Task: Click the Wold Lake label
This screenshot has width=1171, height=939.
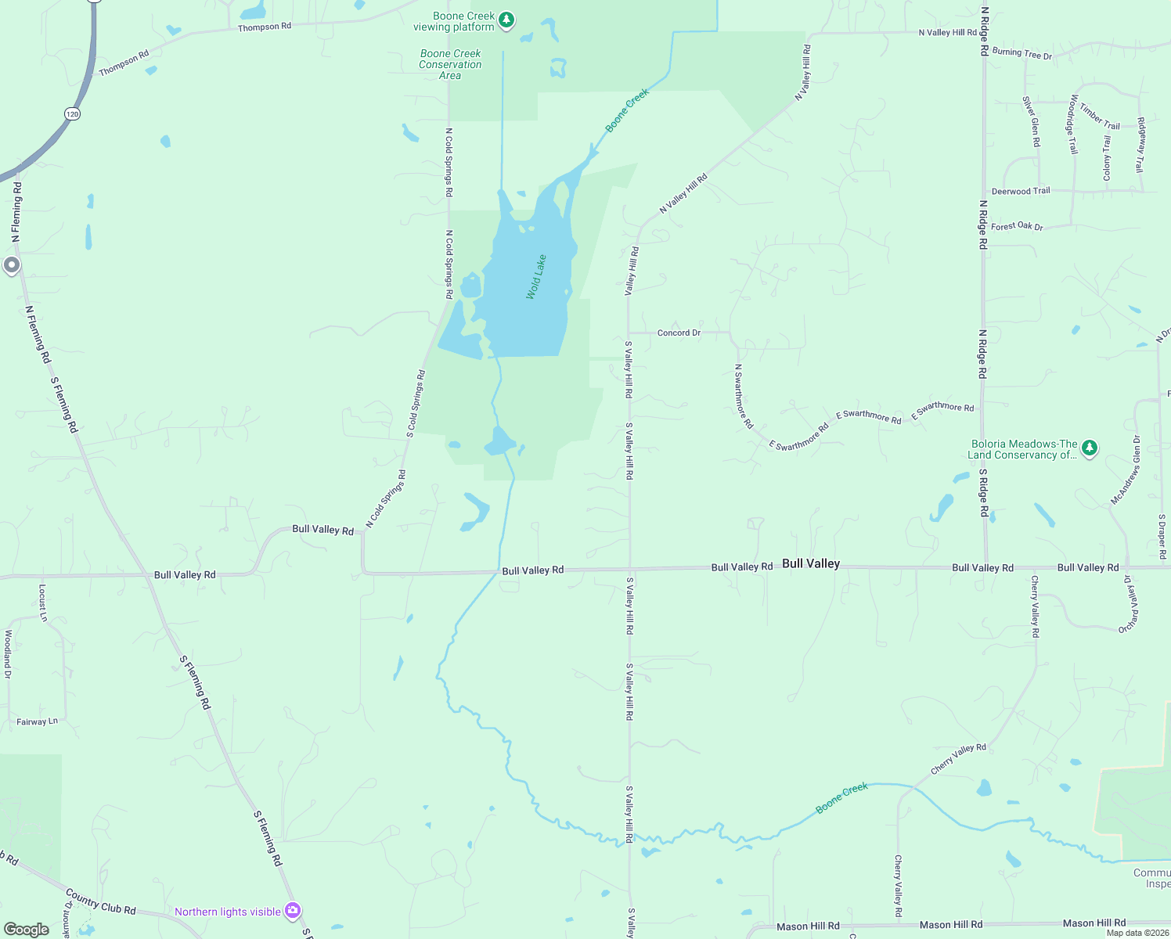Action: point(536,277)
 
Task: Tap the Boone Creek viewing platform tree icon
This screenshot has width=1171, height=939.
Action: point(506,20)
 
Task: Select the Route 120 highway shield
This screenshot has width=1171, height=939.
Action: point(72,114)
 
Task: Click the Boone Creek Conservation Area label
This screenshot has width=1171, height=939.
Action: point(450,65)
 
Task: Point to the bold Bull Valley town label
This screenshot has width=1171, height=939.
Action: point(811,563)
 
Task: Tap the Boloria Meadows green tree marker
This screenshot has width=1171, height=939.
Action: point(1089,448)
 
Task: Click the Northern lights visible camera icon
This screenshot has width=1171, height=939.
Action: point(293,910)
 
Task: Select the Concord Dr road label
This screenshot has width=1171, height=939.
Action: point(679,333)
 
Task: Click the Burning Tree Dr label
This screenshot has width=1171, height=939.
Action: point(1021,53)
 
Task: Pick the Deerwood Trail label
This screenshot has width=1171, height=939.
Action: point(1021,191)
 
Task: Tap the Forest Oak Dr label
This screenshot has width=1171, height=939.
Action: point(1017,226)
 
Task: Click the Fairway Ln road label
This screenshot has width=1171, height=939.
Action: point(37,721)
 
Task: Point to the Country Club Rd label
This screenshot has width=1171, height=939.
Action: point(101,901)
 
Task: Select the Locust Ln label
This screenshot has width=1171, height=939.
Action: point(43,603)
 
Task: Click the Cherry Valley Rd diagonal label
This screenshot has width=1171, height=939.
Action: point(958,759)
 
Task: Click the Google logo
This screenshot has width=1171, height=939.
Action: point(26,929)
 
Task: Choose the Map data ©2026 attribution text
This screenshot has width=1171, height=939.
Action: point(1137,933)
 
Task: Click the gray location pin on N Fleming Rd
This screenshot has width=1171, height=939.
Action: point(11,265)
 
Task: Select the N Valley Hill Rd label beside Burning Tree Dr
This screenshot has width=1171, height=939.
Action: point(947,33)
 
